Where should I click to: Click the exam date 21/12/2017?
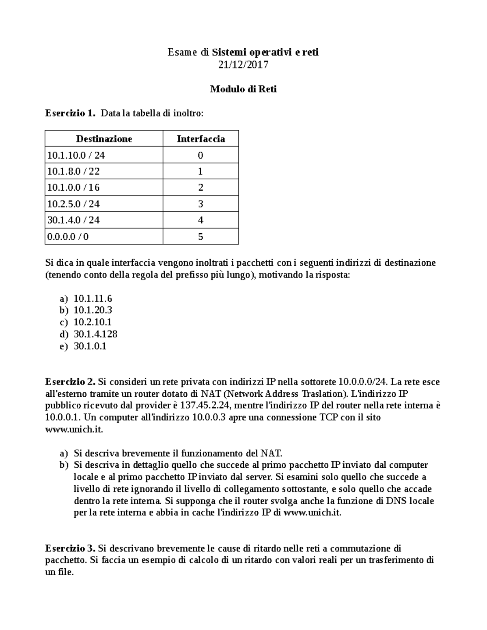[243, 65]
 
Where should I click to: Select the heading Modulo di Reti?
[243, 89]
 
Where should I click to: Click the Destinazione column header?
[104, 139]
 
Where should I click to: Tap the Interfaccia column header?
[200, 139]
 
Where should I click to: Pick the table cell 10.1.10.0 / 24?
[76, 155]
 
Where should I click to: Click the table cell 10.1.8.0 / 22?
[73, 172]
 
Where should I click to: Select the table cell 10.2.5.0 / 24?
[73, 204]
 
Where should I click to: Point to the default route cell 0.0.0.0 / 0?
[68, 237]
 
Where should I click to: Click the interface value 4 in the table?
[200, 220]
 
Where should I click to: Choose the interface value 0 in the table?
[200, 155]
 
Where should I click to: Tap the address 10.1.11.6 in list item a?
[93, 299]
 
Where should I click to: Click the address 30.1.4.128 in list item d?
[95, 334]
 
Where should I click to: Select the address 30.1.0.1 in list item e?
[90, 346]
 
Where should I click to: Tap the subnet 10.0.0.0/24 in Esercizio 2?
[362, 382]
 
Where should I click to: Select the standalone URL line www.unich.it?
[74, 429]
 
